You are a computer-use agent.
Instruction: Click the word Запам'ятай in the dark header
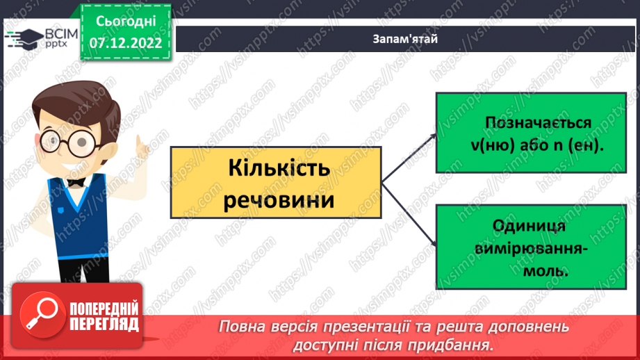pyautogui.click(x=404, y=38)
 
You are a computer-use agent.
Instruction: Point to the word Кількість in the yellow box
pyautogui.click(x=276, y=170)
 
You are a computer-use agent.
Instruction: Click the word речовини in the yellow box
pyautogui.click(x=276, y=201)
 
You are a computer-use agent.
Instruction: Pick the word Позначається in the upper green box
pyautogui.click(x=529, y=123)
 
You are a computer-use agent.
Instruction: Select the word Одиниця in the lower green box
pyautogui.click(x=529, y=227)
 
